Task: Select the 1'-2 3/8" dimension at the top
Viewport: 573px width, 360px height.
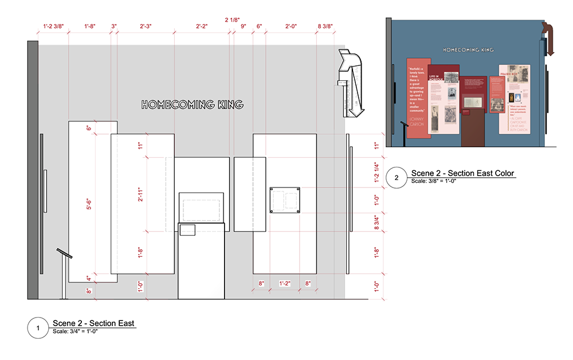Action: coord(53,26)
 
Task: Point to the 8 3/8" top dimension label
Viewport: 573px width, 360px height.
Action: coord(325,26)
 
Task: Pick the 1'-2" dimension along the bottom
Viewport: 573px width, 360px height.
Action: coord(285,283)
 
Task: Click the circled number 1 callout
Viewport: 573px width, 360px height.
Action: coord(38,328)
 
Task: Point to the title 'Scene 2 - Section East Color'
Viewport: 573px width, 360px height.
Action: coord(462,173)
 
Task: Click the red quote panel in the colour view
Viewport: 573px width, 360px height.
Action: coord(418,97)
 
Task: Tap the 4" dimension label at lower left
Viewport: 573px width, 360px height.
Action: coord(88,279)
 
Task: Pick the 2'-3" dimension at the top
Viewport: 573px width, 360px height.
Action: coord(146,26)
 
